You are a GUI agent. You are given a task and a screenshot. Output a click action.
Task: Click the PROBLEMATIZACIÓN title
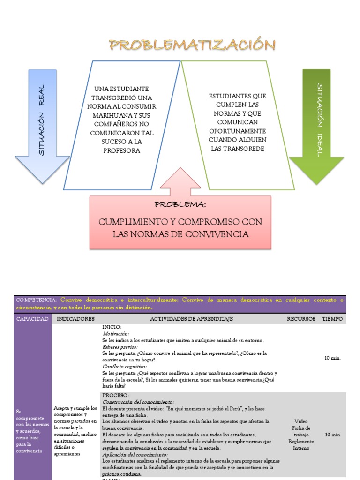tap(192, 45)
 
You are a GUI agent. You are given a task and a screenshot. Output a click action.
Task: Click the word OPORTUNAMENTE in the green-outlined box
tap(237, 131)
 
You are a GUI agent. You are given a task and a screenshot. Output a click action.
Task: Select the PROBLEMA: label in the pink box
tap(180, 205)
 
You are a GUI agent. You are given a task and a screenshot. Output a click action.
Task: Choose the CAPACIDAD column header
tap(32, 319)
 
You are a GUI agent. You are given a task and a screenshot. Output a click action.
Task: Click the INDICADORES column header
tap(75, 319)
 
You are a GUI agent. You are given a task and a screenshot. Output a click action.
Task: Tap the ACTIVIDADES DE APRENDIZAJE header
tap(191, 319)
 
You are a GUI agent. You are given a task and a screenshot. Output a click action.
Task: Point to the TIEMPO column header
tap(332, 319)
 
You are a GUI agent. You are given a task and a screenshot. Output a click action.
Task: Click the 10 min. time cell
tap(332, 358)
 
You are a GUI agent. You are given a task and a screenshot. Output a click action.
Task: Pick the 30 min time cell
tap(332, 435)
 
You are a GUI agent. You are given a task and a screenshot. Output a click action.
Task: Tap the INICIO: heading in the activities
tap(112, 327)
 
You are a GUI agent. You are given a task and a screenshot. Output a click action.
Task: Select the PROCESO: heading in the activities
tap(115, 395)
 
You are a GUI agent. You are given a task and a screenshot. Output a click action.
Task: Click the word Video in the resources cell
tap(301, 421)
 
